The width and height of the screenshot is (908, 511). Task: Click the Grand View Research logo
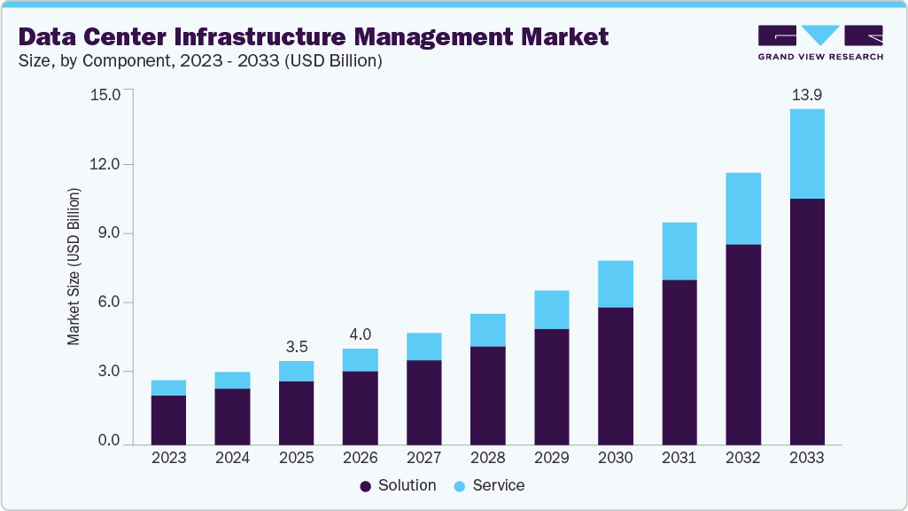coord(820,42)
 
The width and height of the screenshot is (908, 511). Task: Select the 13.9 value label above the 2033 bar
coord(807,94)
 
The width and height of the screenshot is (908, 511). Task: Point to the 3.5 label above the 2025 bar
coord(296,346)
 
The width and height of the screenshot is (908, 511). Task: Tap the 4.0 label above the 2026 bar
coord(360,334)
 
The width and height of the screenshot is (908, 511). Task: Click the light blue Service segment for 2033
coord(807,153)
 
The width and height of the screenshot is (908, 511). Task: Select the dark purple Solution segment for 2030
coord(616,375)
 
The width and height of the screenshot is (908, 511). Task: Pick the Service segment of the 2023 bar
coord(168,388)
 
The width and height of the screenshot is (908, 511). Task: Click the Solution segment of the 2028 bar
coord(488,395)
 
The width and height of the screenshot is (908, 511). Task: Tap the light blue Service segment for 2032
coord(743,208)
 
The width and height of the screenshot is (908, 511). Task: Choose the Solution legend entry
coord(398,486)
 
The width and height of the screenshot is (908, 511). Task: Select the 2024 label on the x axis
coord(232,459)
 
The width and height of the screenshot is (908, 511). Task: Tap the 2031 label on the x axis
coord(679,459)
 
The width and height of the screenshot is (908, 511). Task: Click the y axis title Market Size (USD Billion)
coord(74,266)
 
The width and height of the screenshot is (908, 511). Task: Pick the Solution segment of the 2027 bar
coord(423,402)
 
